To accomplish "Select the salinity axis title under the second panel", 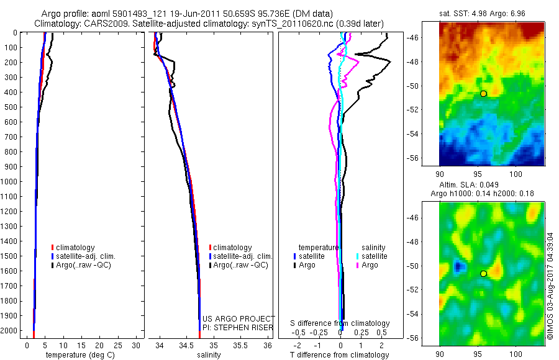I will coord(208,355).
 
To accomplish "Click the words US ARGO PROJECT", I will coord(239,318).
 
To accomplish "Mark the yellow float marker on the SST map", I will coord(483,93).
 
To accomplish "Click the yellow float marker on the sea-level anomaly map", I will coord(483,274).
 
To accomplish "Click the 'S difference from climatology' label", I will coord(340,323).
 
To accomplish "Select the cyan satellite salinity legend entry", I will coord(371,256).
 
